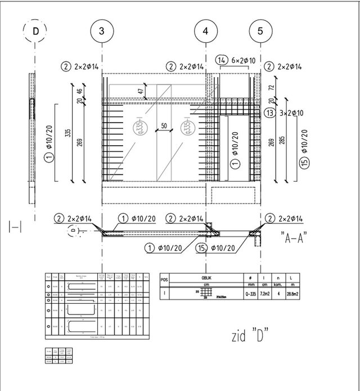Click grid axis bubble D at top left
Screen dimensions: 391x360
coord(36,32)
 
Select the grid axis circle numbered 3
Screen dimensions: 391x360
coord(101,32)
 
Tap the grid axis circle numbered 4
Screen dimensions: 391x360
coord(206,32)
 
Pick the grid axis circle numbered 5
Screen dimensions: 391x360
coord(260,32)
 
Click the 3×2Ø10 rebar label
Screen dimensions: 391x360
coord(292,113)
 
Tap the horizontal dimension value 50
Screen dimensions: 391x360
coord(164,127)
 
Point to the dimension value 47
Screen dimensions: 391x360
coord(141,91)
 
